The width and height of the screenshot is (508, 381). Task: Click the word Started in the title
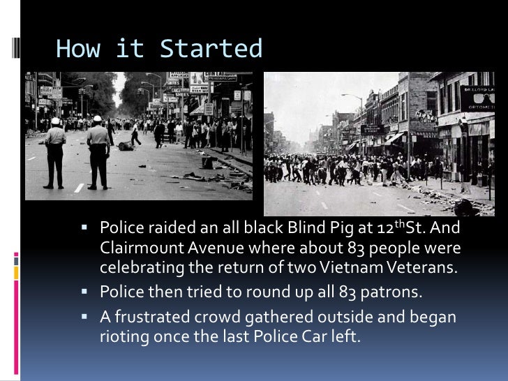211,50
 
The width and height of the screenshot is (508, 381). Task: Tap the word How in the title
77,50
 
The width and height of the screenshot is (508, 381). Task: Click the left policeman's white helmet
55,121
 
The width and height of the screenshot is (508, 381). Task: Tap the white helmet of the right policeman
97,119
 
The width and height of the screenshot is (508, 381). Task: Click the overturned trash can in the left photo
125,146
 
